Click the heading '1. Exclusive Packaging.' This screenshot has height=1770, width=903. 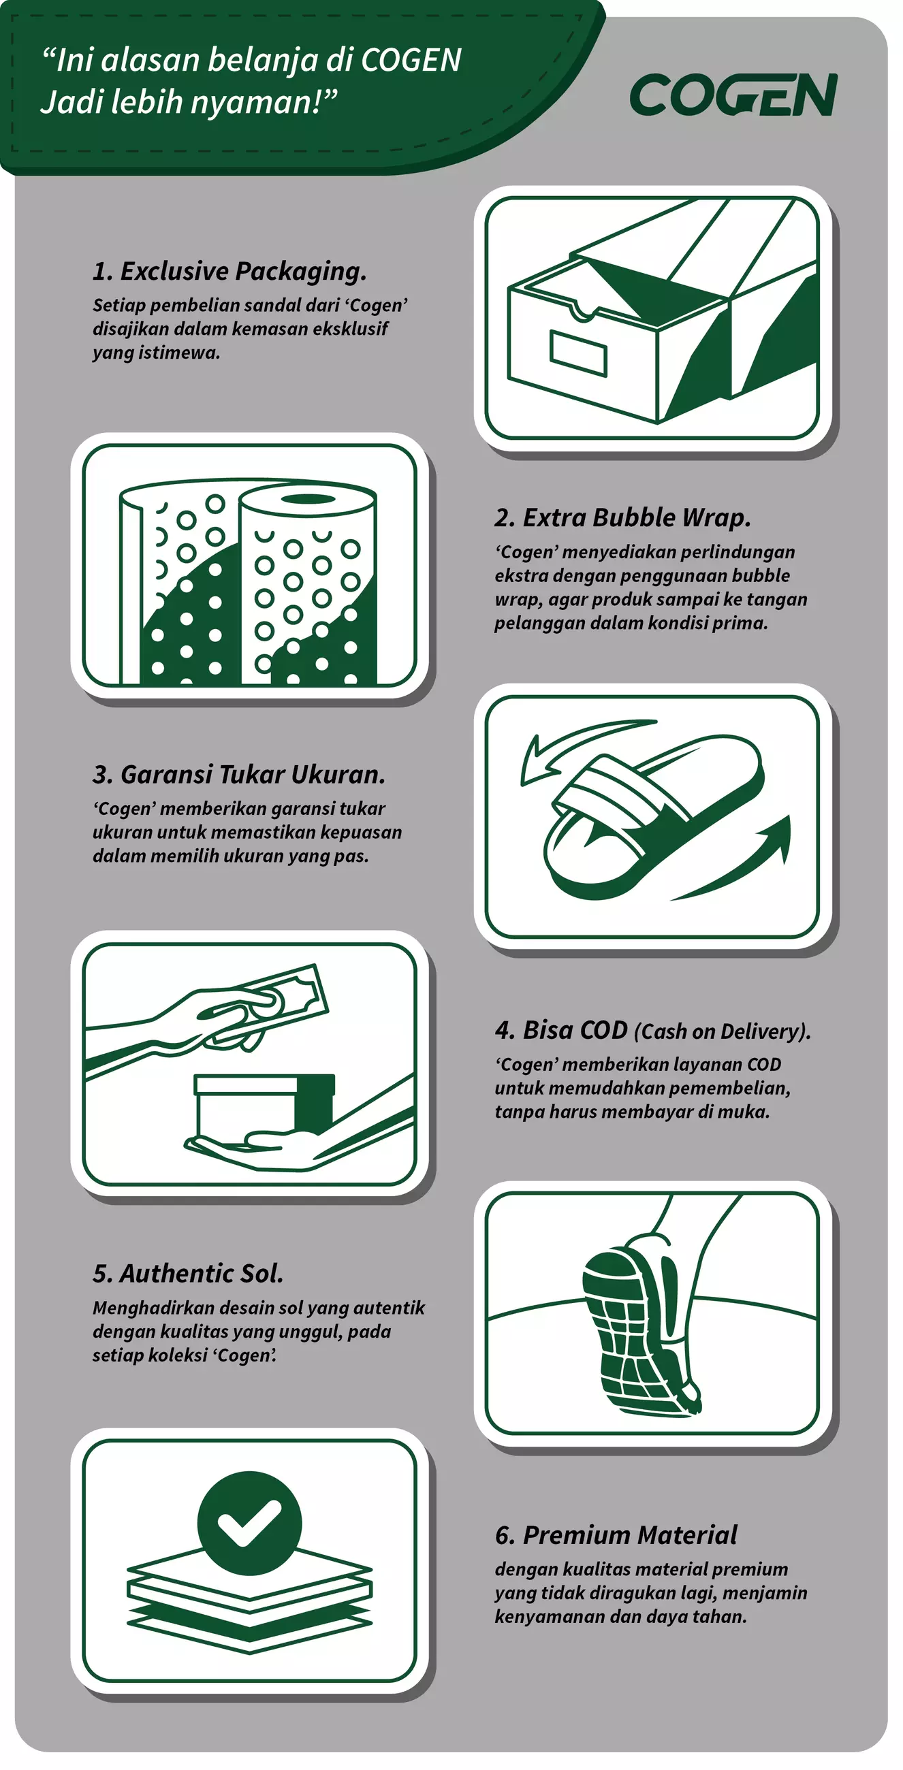pos(229,271)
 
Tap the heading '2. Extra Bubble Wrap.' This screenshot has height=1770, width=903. pos(622,517)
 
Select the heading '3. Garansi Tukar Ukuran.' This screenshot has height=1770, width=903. pos(239,775)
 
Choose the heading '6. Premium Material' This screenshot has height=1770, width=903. pos(616,1535)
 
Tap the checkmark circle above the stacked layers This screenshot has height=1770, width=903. pos(249,1523)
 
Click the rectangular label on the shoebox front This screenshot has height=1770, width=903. pos(578,353)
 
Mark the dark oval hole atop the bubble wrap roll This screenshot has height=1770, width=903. pos(308,499)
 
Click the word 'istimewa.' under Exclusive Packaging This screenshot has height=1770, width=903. pos(157,353)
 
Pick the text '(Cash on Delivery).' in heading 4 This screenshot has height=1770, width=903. pos(723,1031)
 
